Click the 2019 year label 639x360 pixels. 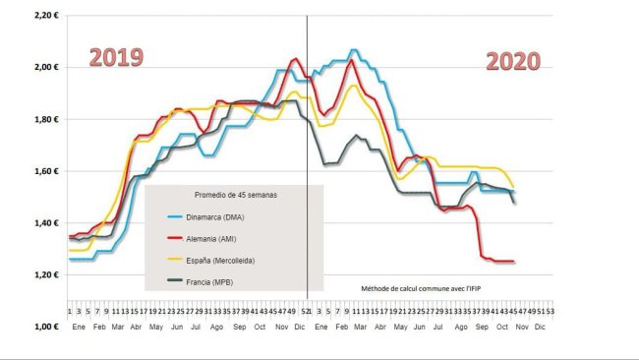(117, 58)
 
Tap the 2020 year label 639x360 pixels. (513, 61)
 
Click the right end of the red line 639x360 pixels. (514, 262)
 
